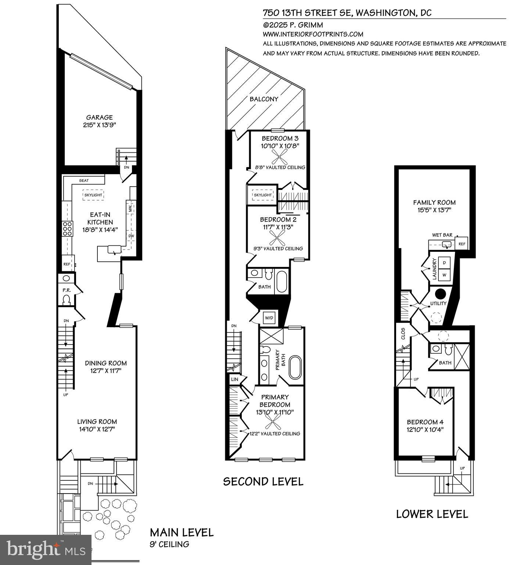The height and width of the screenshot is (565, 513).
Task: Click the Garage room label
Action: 99,117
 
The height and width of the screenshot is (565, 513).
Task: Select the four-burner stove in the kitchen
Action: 67,229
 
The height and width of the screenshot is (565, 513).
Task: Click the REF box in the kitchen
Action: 67,264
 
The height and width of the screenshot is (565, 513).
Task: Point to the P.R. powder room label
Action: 67,290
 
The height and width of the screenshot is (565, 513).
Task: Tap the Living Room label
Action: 97,421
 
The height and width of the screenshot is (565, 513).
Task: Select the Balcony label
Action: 264,99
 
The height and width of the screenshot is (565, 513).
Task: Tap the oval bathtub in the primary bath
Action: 295,367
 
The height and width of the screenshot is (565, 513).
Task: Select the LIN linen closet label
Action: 234,379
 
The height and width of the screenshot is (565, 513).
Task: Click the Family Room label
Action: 434,202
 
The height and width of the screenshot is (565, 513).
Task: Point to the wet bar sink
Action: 447,244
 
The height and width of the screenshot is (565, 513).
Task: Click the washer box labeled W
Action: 444,275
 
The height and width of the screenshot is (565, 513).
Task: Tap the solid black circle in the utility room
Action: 440,294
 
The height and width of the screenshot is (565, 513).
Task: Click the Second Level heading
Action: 263,481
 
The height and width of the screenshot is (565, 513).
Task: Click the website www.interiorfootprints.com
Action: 313,34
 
